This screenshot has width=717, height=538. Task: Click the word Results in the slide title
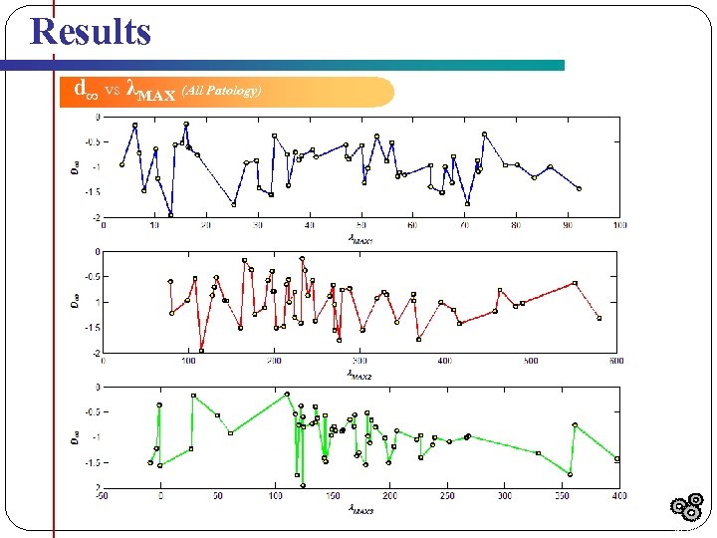[91, 31]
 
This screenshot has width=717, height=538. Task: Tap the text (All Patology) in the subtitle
[222, 92]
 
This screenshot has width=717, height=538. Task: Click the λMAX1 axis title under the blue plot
[359, 238]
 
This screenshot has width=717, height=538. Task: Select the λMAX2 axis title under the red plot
[359, 374]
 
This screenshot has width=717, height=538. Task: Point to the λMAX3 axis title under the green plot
[359, 509]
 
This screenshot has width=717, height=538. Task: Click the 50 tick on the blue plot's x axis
[360, 225]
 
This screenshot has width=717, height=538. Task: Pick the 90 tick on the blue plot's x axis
[568, 225]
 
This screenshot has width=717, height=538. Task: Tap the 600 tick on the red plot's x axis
[616, 361]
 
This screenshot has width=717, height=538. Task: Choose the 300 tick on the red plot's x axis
[359, 361]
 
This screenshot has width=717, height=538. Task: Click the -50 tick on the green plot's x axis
[102, 495]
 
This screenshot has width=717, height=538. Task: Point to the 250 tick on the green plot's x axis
[447, 495]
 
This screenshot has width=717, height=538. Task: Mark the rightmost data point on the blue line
[579, 188]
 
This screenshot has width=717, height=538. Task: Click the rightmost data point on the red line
[598, 318]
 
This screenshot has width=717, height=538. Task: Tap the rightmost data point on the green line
[617, 459]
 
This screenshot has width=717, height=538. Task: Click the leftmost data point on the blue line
[121, 165]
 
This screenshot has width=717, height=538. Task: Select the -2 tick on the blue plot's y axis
[96, 217]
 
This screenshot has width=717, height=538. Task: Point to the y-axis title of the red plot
[74, 301]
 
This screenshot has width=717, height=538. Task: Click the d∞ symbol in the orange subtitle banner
[87, 90]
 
